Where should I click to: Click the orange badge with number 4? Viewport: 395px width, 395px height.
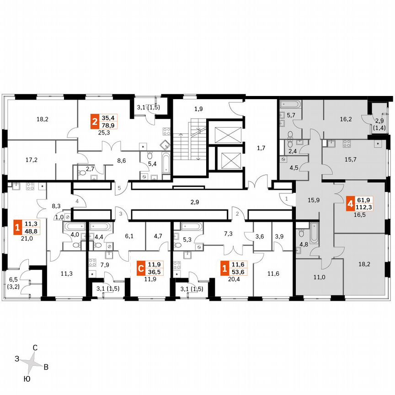351,203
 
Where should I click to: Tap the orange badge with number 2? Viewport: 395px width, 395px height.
95,122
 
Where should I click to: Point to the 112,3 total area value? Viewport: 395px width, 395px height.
364,207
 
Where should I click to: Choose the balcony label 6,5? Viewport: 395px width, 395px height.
14,279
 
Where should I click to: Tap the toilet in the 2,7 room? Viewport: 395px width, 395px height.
81,173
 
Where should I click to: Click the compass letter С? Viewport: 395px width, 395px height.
35,347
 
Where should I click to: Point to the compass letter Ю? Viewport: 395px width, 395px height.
27,379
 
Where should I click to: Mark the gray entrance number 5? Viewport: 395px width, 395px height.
118,188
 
